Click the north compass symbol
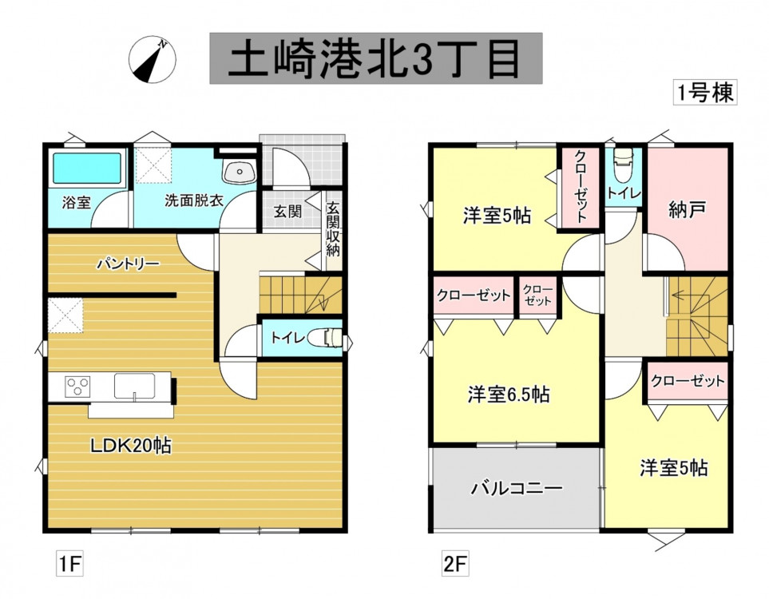pyautogui.click(x=152, y=60)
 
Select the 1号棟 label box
pyautogui.click(x=705, y=92)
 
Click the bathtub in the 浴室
pyautogui.click(x=86, y=169)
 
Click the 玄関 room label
pyautogui.click(x=287, y=212)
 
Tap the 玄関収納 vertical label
pyautogui.click(x=333, y=229)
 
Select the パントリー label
pyautogui.click(x=128, y=264)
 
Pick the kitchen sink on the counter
pyautogui.click(x=135, y=386)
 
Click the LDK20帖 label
pyautogui.click(x=130, y=446)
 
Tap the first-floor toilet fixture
pyautogui.click(x=330, y=338)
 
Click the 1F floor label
pyautogui.click(x=69, y=564)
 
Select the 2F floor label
pyautogui.click(x=455, y=564)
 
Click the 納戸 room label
pyautogui.click(x=687, y=210)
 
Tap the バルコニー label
pyautogui.click(x=517, y=488)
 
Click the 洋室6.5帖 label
pyautogui.click(x=509, y=395)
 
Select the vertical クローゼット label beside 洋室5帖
pyautogui.click(x=581, y=187)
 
